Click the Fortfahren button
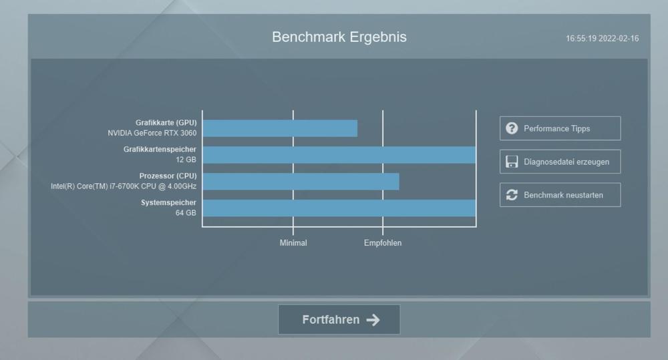pyautogui.click(x=339, y=319)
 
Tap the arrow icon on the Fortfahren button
pyautogui.click(x=373, y=320)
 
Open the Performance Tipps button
pyautogui.click(x=560, y=128)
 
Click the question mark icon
pyautogui.click(x=512, y=128)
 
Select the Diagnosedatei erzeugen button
pyautogui.click(x=560, y=162)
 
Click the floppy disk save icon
pyautogui.click(x=512, y=162)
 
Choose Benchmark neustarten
pyautogui.click(x=560, y=195)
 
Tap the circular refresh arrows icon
pyautogui.click(x=512, y=195)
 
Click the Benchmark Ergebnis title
pyautogui.click(x=339, y=37)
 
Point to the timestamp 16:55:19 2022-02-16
pyautogui.click(x=603, y=38)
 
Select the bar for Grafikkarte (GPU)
pyautogui.click(x=280, y=128)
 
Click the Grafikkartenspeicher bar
pyautogui.click(x=339, y=155)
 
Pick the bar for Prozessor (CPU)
pyautogui.click(x=301, y=182)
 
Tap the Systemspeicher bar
pyautogui.click(x=339, y=208)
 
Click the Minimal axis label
pyautogui.click(x=293, y=243)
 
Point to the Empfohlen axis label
pyautogui.click(x=383, y=243)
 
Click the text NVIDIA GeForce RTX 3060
pyautogui.click(x=152, y=133)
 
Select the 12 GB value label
pyautogui.click(x=186, y=160)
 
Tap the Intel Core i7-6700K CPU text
pyautogui.click(x=124, y=186)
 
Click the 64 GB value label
pyautogui.click(x=186, y=212)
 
